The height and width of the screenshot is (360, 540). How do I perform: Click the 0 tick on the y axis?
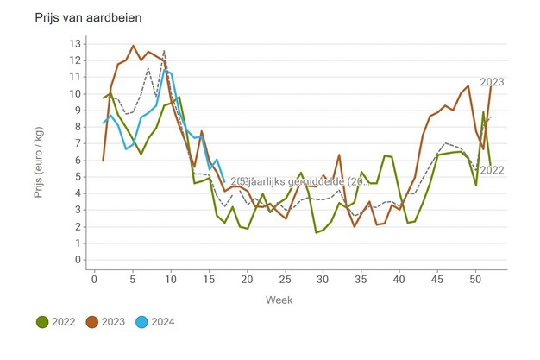[x=78, y=260]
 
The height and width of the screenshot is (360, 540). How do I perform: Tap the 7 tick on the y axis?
[x=78, y=143]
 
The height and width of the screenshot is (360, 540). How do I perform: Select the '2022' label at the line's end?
[x=493, y=170]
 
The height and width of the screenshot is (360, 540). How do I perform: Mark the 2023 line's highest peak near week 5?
[x=133, y=46]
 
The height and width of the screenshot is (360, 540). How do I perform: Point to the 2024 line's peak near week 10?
[x=167, y=71]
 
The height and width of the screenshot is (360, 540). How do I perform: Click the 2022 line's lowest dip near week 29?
[x=317, y=232]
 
